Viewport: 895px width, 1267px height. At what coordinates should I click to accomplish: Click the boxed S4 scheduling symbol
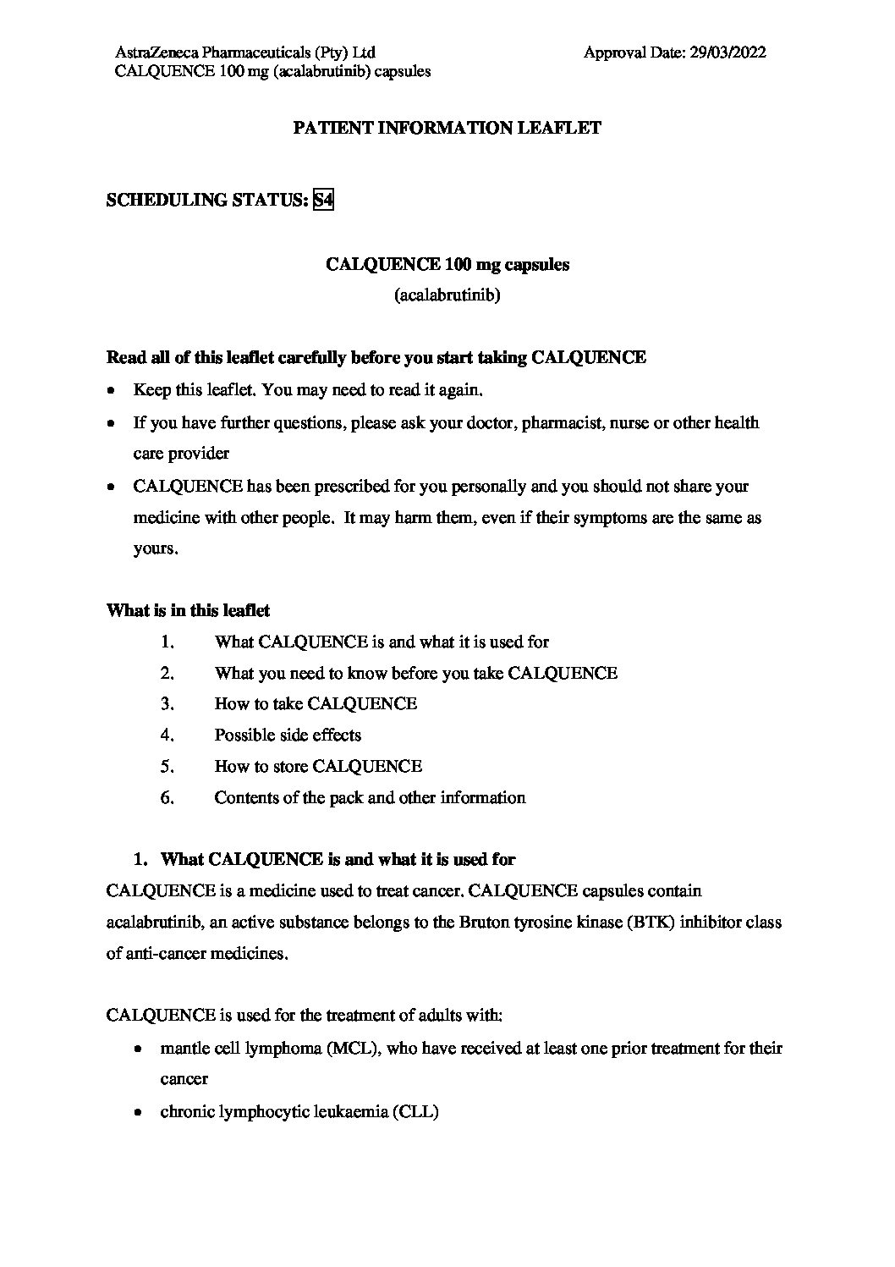point(323,201)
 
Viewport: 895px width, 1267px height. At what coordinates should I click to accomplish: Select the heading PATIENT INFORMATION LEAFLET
point(447,129)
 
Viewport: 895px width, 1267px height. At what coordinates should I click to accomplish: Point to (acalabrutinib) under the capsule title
point(447,296)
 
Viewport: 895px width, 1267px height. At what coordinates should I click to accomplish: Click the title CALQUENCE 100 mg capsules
point(447,265)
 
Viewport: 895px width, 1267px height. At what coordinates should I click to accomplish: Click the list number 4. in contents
point(167,735)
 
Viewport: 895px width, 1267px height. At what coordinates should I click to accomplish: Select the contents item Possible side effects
point(288,735)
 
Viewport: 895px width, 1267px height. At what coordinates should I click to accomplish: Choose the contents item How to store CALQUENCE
point(317,767)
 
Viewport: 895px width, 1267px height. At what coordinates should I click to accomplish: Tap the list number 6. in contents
point(167,798)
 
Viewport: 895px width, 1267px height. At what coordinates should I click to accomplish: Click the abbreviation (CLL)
point(415,1112)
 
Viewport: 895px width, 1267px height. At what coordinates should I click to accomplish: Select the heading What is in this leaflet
point(188,610)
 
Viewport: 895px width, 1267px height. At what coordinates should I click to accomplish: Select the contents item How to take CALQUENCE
point(315,704)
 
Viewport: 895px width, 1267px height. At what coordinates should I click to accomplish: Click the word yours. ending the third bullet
point(156,549)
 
